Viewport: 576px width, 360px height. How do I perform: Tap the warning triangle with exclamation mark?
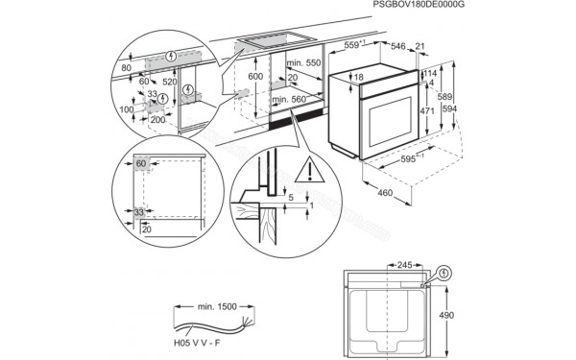[308, 173]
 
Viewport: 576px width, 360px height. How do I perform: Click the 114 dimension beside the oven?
[430, 73]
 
